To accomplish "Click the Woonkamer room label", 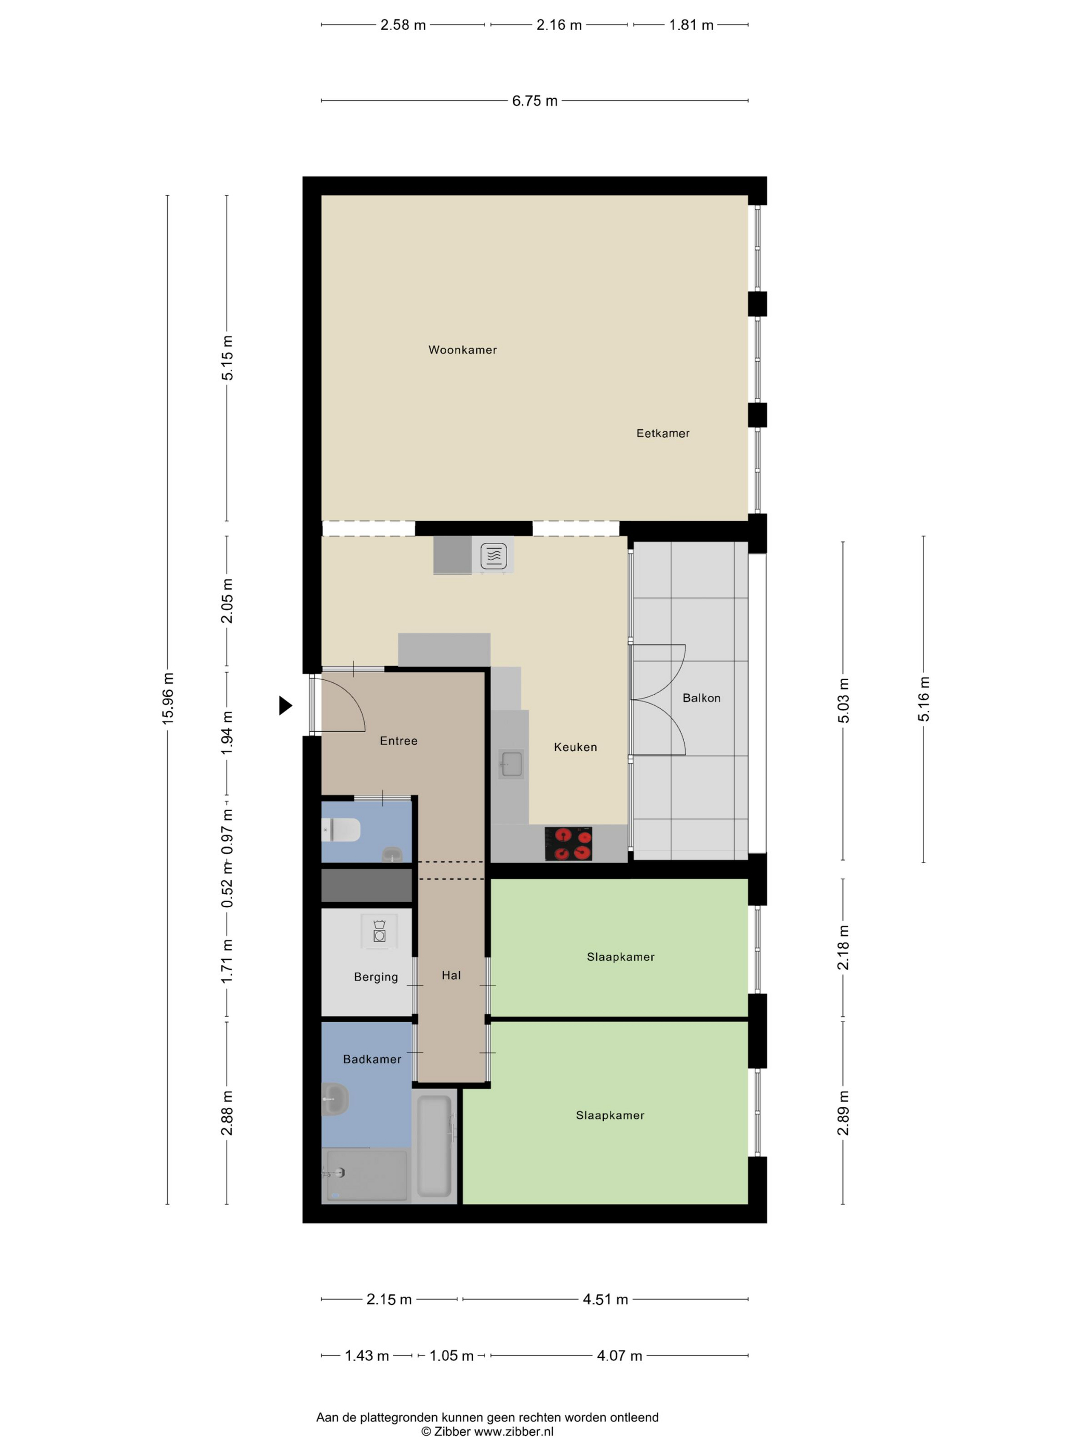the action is tap(462, 350).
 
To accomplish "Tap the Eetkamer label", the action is tap(663, 433).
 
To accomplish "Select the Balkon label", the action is tap(701, 698).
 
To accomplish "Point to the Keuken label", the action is tap(576, 747).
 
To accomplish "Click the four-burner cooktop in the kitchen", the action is tap(568, 844).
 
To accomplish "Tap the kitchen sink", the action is tap(511, 764).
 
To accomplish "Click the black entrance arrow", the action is tap(285, 705).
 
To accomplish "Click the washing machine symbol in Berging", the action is tap(379, 931).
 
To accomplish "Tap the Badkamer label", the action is tap(372, 1059).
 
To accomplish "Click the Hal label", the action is tap(451, 975).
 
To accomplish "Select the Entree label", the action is tap(398, 740).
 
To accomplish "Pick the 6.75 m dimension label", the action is tap(535, 101).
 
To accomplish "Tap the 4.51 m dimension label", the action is tap(605, 1299).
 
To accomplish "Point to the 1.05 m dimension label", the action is tap(451, 1356).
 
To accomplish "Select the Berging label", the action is tap(376, 977).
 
